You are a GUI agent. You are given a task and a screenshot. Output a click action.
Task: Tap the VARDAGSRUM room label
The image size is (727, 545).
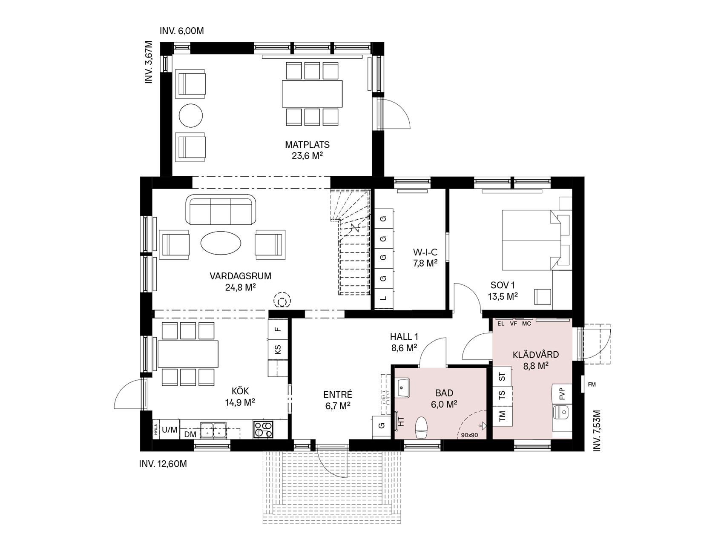click(240, 276)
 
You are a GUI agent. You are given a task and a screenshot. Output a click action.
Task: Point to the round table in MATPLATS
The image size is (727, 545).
click(190, 116)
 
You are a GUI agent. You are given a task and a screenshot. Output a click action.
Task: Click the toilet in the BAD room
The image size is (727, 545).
click(421, 427)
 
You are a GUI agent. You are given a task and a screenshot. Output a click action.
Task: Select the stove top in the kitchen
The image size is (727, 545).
click(263, 430)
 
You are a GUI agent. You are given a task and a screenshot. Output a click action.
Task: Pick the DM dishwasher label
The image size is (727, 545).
click(190, 434)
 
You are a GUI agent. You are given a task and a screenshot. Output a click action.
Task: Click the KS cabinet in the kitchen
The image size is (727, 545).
click(278, 350)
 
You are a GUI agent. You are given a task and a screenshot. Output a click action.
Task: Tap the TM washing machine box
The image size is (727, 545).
click(503, 415)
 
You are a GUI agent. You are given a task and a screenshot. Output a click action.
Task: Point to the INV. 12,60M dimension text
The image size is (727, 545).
click(163, 464)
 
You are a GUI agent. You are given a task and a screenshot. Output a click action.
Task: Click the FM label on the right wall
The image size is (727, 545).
click(592, 384)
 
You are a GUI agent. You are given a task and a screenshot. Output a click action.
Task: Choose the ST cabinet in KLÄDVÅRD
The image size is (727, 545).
click(503, 376)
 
